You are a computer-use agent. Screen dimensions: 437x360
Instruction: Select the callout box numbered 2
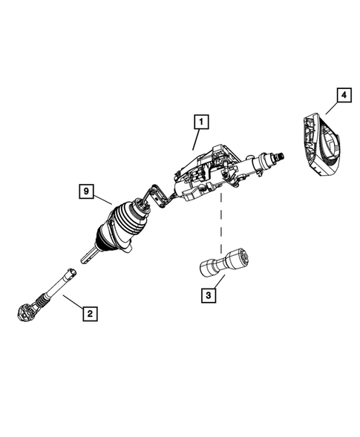89,313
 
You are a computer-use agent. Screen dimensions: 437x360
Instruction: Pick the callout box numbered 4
343,95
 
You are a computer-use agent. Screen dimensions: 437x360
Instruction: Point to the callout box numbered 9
88,192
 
